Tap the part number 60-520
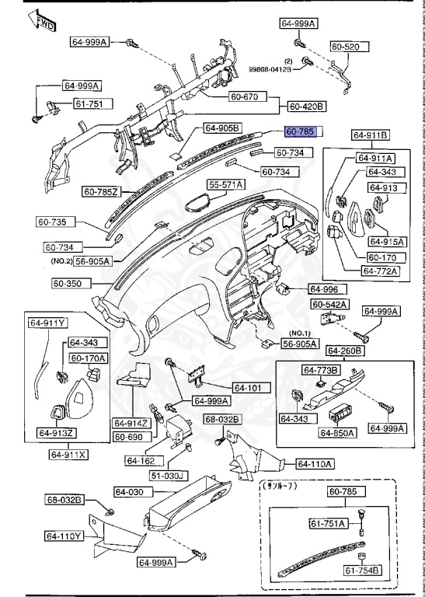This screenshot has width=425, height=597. click(345, 47)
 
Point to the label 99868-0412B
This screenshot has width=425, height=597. click(270, 69)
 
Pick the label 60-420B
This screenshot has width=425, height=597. click(307, 106)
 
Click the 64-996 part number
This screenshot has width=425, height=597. click(325, 288)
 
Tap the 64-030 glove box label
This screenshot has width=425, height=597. click(131, 492)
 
